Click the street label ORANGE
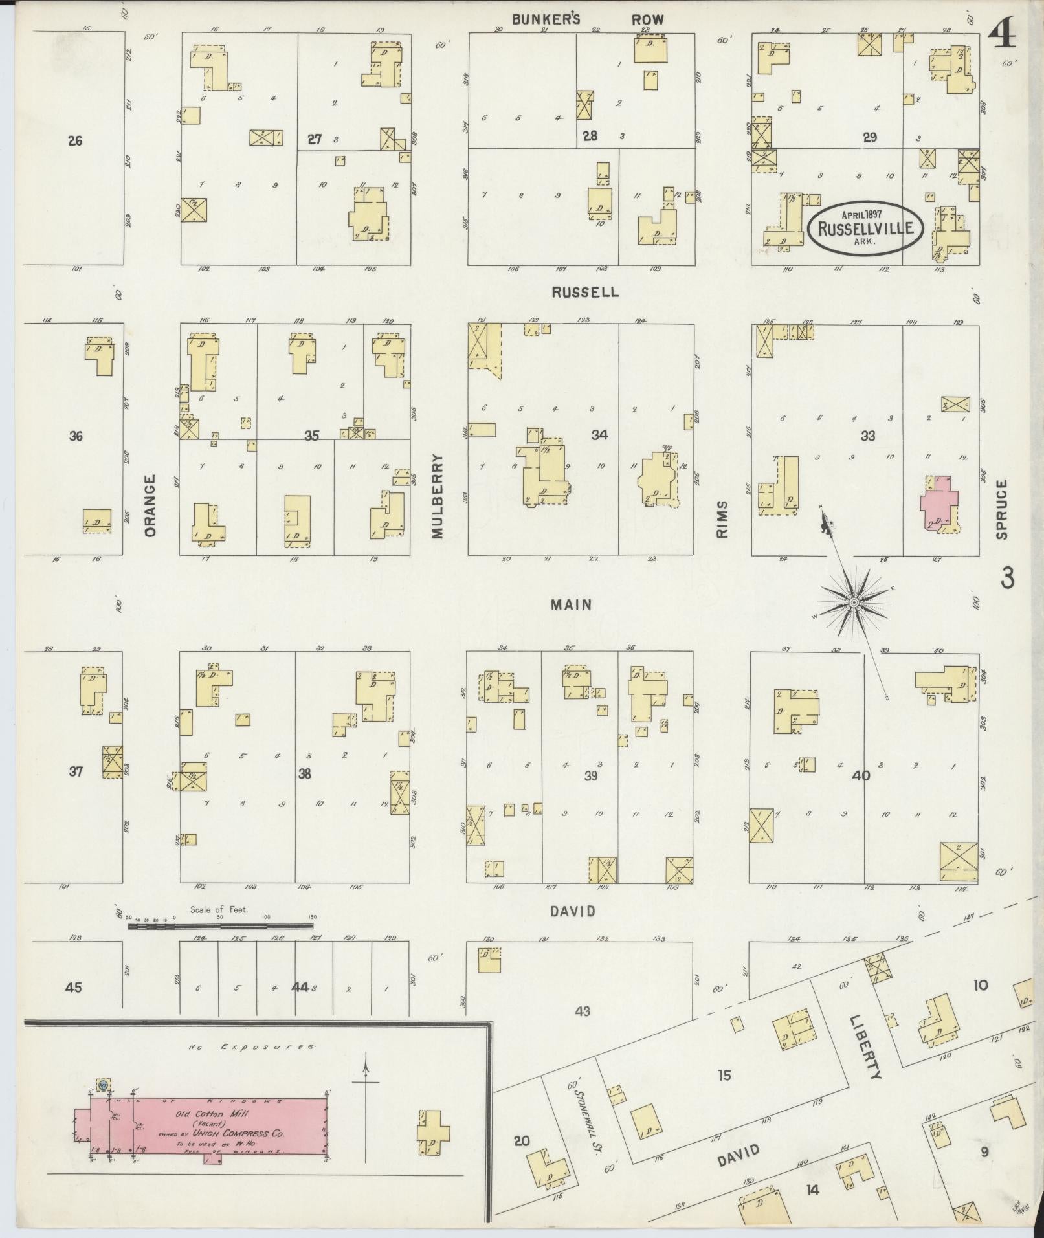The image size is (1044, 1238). click(150, 505)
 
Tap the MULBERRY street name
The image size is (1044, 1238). click(438, 496)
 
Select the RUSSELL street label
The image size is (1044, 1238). click(584, 292)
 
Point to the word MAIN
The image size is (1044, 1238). click(571, 604)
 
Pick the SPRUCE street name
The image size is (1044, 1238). click(1002, 509)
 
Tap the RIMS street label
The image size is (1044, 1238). click(722, 519)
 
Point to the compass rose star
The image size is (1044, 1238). click(853, 603)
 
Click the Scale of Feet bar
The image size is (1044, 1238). click(220, 927)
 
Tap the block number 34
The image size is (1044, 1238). click(599, 435)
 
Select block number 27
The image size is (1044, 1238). click(315, 139)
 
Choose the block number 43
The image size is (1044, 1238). click(583, 1010)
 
